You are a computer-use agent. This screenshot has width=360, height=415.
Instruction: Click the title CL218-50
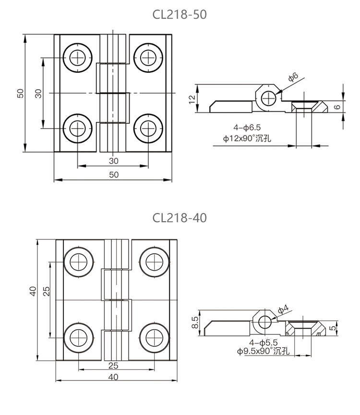(x=180, y=14)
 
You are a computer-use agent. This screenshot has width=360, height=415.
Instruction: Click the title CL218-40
(x=180, y=218)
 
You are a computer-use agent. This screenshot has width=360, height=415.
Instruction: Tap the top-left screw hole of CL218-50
(x=77, y=58)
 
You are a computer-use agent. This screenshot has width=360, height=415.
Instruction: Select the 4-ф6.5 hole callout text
(x=247, y=127)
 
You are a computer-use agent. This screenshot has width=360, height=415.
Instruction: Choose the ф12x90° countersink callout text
(x=247, y=139)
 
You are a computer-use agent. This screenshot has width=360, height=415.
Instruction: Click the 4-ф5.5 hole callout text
(x=264, y=342)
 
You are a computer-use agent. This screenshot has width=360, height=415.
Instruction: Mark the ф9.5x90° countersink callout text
(x=264, y=352)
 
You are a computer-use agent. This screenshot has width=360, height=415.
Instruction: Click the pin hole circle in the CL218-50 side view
(x=268, y=97)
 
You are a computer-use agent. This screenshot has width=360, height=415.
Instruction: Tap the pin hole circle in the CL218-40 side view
(x=264, y=322)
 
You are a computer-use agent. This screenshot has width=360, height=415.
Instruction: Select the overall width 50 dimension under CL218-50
(x=113, y=175)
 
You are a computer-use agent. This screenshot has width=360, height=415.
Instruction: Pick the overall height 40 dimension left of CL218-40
(x=33, y=291)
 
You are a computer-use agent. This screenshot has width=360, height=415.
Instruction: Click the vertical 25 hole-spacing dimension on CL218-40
(x=47, y=291)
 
